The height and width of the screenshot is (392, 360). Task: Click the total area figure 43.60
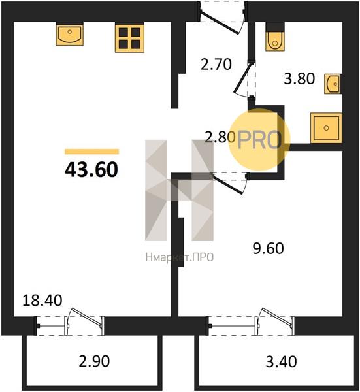(91, 170)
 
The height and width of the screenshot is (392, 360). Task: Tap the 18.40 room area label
(42, 301)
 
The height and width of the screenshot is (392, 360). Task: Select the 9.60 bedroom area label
(268, 248)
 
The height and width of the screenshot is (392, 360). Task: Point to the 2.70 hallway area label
(216, 64)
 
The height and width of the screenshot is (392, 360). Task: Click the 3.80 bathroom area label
(299, 78)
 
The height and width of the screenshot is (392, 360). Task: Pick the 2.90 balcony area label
(94, 361)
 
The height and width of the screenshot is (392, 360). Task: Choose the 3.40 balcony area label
(281, 361)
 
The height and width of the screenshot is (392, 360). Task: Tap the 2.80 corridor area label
(220, 137)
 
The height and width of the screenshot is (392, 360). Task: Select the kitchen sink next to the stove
(69, 34)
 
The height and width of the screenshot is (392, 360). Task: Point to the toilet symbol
(275, 37)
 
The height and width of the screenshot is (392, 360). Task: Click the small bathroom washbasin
(333, 84)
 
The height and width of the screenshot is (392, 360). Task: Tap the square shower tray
(326, 128)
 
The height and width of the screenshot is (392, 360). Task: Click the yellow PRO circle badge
(259, 140)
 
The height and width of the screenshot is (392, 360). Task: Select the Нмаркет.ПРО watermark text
(180, 257)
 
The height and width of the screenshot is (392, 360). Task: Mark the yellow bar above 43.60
(91, 152)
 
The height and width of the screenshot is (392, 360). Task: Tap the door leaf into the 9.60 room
(227, 184)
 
